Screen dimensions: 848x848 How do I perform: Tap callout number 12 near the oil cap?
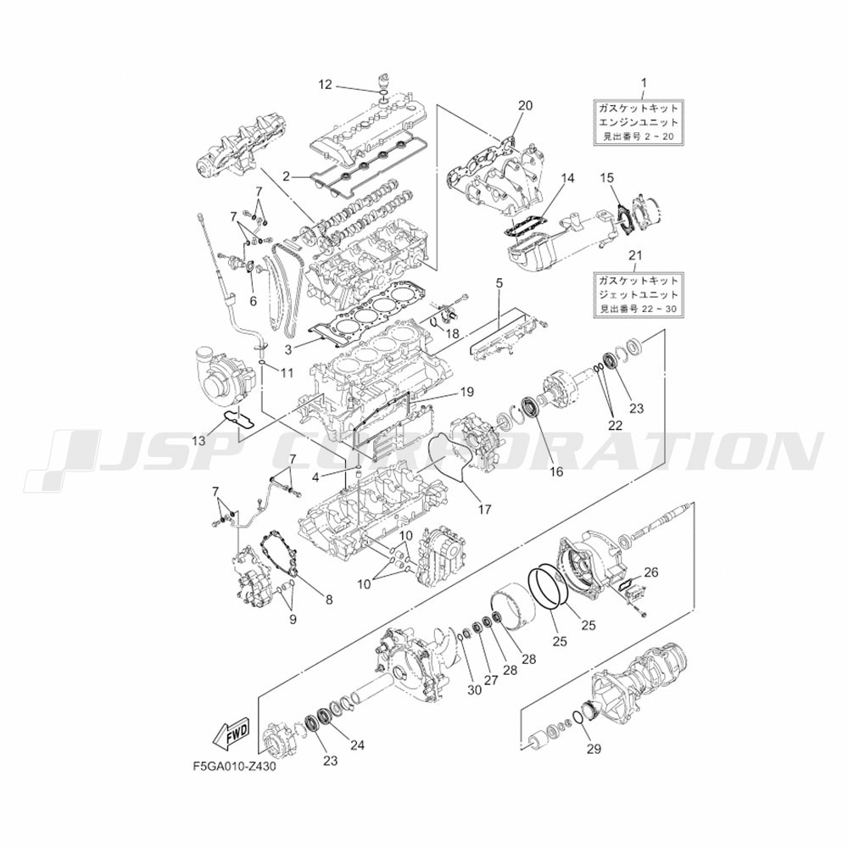pos(325,84)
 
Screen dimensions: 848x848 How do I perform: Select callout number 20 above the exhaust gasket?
pos(525,105)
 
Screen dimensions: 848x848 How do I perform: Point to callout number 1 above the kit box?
pos(644,83)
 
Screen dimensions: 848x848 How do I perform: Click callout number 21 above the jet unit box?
pos(635,255)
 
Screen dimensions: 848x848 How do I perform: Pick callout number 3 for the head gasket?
pos(288,350)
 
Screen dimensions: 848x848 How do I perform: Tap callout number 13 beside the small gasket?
pos(199,441)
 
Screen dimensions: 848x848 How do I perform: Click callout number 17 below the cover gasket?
pos(485,510)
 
